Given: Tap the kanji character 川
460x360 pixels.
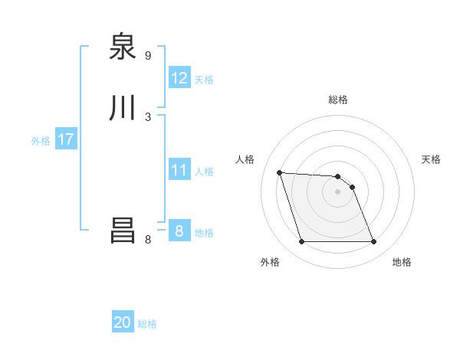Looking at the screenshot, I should click(x=123, y=108).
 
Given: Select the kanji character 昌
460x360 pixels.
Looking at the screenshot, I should click(x=123, y=231).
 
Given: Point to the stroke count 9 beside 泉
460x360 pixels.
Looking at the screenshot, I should click(x=148, y=56).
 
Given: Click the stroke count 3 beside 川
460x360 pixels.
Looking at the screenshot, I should click(x=148, y=116).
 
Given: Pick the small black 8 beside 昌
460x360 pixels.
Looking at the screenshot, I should click(x=148, y=239).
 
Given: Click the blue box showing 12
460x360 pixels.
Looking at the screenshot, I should click(x=179, y=78).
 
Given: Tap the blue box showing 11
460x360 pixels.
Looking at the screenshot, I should click(x=179, y=170).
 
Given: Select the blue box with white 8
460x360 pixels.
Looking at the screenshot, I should click(x=179, y=231).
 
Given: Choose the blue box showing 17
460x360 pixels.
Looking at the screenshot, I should click(x=66, y=139).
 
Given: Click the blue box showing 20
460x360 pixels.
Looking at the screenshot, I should click(x=123, y=322).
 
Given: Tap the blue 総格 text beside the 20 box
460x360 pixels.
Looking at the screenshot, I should click(x=147, y=324).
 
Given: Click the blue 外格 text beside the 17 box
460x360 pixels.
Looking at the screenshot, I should click(x=41, y=141).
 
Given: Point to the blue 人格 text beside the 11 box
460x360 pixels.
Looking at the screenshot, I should click(x=204, y=172).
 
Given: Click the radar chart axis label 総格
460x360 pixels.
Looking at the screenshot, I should click(x=338, y=100).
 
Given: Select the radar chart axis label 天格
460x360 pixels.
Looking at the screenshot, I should click(x=432, y=159).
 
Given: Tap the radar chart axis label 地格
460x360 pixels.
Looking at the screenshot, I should click(x=402, y=262).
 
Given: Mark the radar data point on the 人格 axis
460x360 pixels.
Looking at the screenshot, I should click(x=279, y=172).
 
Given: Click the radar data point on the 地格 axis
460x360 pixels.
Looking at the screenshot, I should click(x=374, y=242).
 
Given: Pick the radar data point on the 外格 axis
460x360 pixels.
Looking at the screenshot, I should click(x=301, y=242).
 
